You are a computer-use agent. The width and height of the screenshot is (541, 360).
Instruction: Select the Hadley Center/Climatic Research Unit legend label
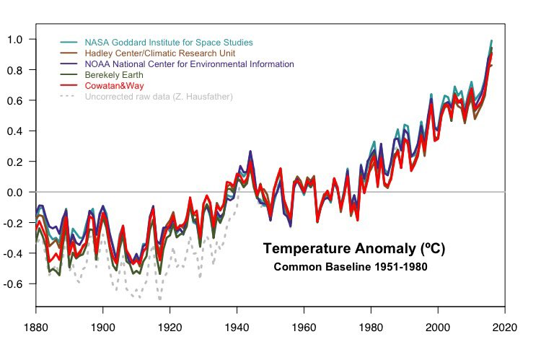(x=159, y=53)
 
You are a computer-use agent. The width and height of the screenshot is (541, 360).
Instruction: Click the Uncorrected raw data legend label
(x=159, y=97)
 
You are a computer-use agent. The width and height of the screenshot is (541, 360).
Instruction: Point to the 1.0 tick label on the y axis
(x=16, y=39)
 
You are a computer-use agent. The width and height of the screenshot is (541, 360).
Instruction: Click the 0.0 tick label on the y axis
(x=16, y=193)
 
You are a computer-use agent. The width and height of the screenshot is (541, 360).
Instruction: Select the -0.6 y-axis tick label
(x=14, y=284)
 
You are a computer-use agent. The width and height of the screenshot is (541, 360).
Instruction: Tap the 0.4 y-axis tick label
(x=16, y=131)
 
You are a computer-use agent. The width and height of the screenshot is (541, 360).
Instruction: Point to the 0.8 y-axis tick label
(x=16, y=70)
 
